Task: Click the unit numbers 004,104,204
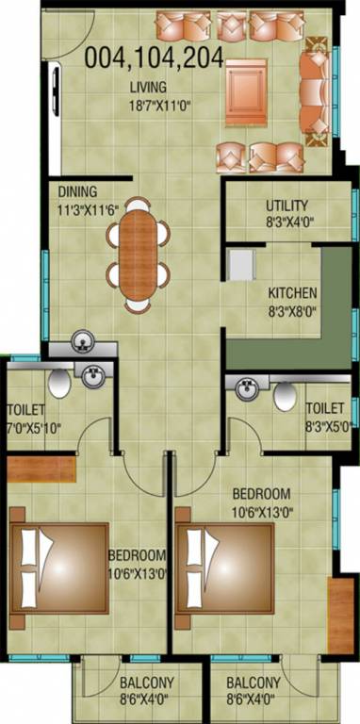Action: click(x=154, y=59)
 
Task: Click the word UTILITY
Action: click(x=286, y=206)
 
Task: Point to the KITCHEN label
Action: click(x=292, y=292)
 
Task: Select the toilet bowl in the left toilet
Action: click(x=58, y=382)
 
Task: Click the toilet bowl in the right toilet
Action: click(x=284, y=397)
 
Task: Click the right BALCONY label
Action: click(x=253, y=683)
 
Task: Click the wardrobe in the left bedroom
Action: click(x=42, y=470)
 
